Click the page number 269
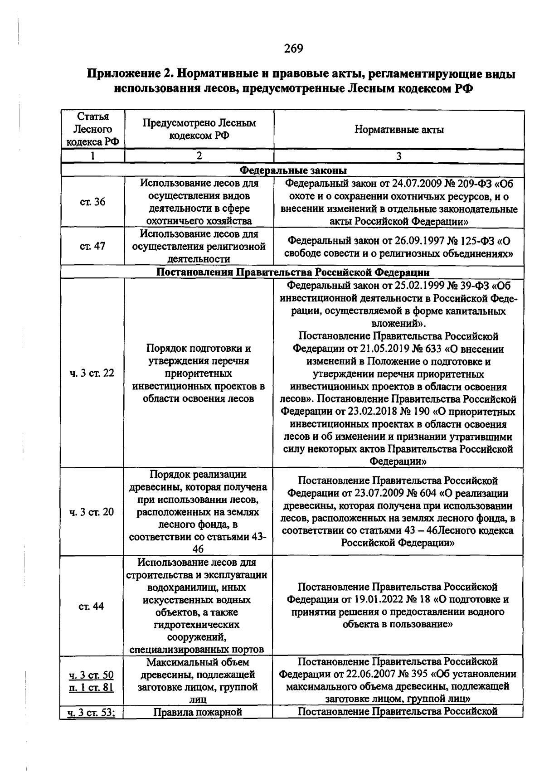coord(293,48)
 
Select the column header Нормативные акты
coord(398,130)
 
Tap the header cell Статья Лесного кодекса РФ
coord(92,129)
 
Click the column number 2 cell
coord(199,155)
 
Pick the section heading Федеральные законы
coord(293,170)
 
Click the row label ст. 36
coord(92,202)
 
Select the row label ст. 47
coord(92,246)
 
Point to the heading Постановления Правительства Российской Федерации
coord(293,272)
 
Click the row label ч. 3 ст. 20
coord(92,512)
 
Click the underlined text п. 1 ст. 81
coord(91,687)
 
